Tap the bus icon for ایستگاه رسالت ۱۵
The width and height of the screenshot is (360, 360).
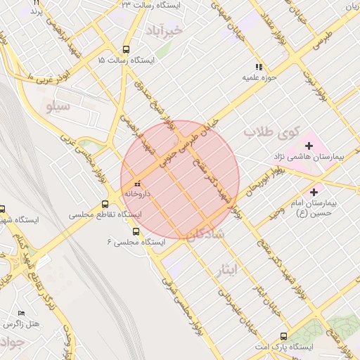(126, 50)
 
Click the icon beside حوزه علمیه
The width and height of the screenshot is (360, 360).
(259, 67)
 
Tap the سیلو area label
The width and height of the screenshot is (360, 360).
(58, 107)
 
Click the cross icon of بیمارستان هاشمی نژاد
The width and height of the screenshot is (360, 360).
(309, 145)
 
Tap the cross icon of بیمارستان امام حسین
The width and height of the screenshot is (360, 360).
(314, 191)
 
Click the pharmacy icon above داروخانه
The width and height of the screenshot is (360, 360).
(136, 184)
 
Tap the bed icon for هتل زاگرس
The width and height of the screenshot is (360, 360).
(21, 313)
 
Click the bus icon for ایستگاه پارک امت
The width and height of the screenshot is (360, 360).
(283, 337)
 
